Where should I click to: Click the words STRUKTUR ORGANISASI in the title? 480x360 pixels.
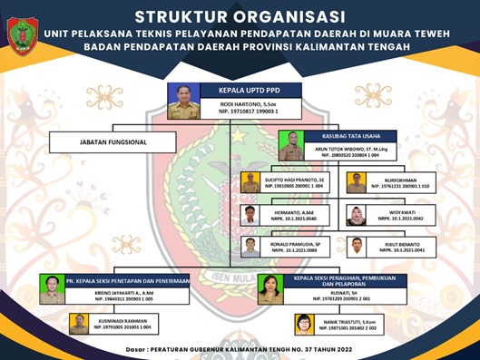point(240,15)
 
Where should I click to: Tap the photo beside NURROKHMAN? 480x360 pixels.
point(357,184)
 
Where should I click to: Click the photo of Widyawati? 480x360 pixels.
point(357,216)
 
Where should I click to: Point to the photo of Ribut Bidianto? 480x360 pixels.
point(358,247)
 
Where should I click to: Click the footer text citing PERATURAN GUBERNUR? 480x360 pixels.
point(240,349)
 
